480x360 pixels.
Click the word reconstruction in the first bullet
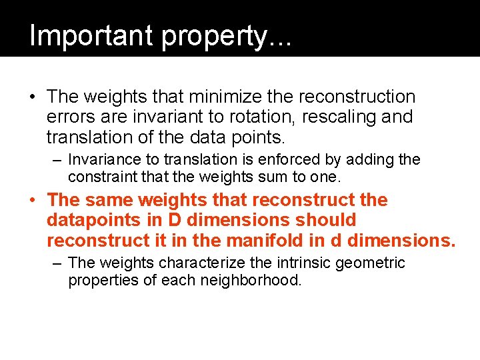357,97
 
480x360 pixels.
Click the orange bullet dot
31,200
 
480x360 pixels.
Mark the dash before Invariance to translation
57,160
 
